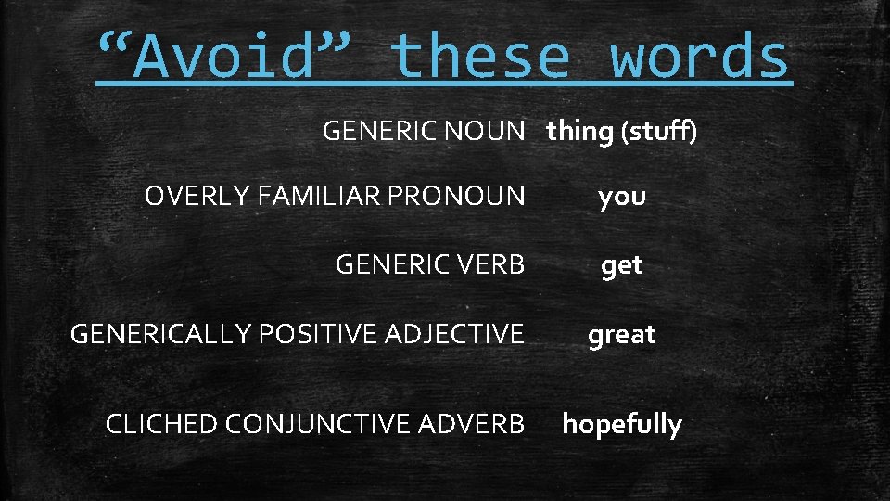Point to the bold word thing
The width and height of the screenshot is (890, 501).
[579, 133]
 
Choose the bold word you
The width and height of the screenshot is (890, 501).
[622, 198]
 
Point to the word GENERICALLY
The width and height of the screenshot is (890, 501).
[162, 334]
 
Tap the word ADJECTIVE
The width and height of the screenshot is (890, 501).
[455, 334]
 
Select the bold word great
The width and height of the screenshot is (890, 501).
[622, 335]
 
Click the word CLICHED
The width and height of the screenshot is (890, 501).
[161, 424]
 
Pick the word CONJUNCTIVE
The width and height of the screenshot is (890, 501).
[319, 424]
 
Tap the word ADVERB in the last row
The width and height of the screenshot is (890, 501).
[472, 424]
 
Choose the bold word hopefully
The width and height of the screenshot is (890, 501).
[622, 425]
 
